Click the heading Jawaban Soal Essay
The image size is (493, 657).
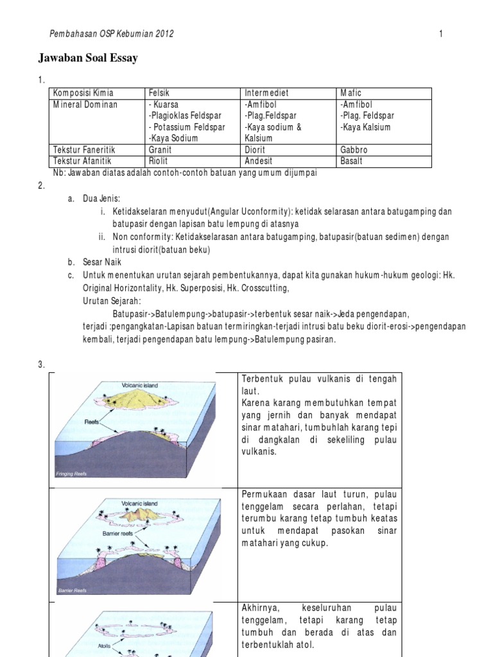pos(89,58)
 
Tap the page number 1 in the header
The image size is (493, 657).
pos(441,34)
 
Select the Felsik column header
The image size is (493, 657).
pos(159,93)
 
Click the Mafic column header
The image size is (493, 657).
pos(352,93)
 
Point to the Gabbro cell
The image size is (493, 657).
pos(355,149)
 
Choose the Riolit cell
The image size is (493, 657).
pos(158,161)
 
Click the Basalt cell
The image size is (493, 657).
pos(352,161)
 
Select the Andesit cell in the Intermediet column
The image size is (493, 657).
pos(259,161)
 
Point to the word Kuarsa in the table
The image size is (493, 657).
pos(164,105)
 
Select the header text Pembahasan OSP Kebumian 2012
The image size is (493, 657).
pos(112,34)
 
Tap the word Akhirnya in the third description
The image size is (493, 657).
pos(261,607)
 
